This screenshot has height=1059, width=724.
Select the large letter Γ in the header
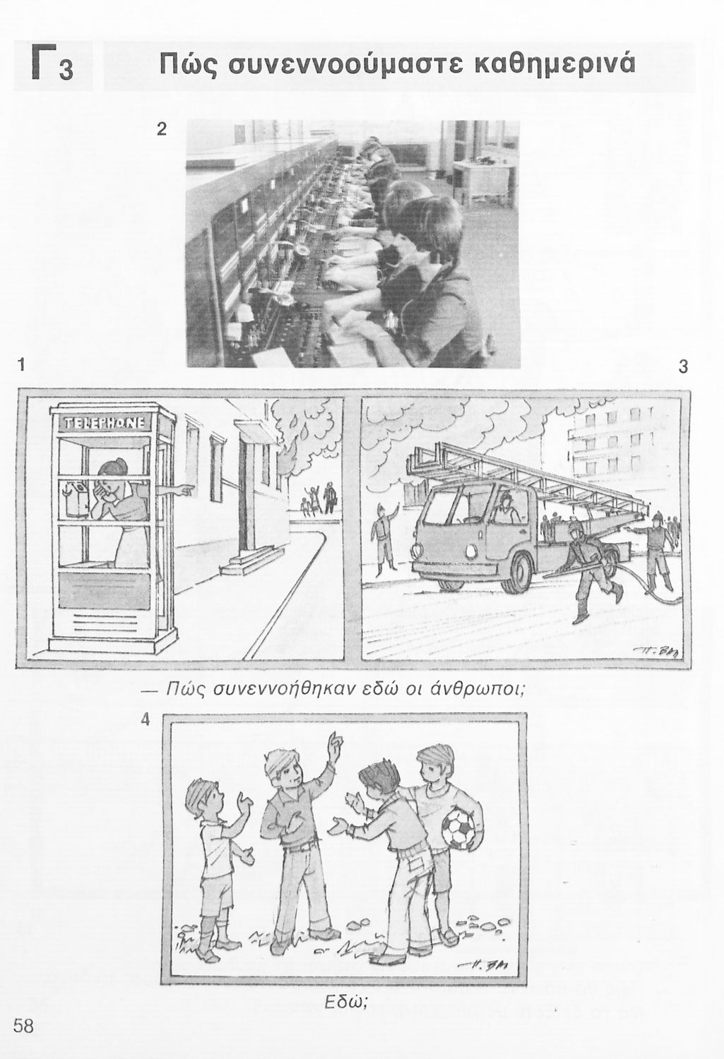pos(44,62)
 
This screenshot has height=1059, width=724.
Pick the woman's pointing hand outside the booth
pos(185,491)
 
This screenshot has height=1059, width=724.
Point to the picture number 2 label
pos(162,128)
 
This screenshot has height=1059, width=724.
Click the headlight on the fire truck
pos(471,551)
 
